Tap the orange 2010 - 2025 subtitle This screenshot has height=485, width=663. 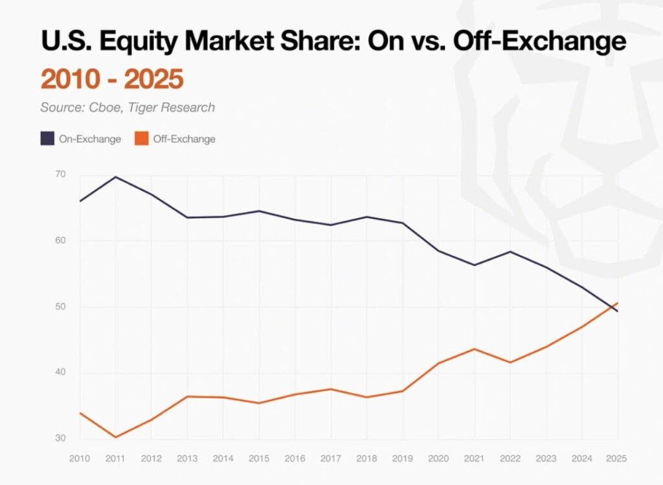112,79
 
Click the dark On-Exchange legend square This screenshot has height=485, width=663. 47,139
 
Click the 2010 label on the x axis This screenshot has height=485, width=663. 79,458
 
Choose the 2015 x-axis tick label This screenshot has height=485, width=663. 259,458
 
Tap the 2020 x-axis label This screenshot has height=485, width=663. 438,458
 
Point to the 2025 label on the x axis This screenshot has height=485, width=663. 618,458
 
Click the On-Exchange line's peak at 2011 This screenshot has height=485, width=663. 115,177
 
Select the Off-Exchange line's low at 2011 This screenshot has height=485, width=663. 115,437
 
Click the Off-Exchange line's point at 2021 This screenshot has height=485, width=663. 475,349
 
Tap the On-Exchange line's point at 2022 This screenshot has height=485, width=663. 510,251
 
